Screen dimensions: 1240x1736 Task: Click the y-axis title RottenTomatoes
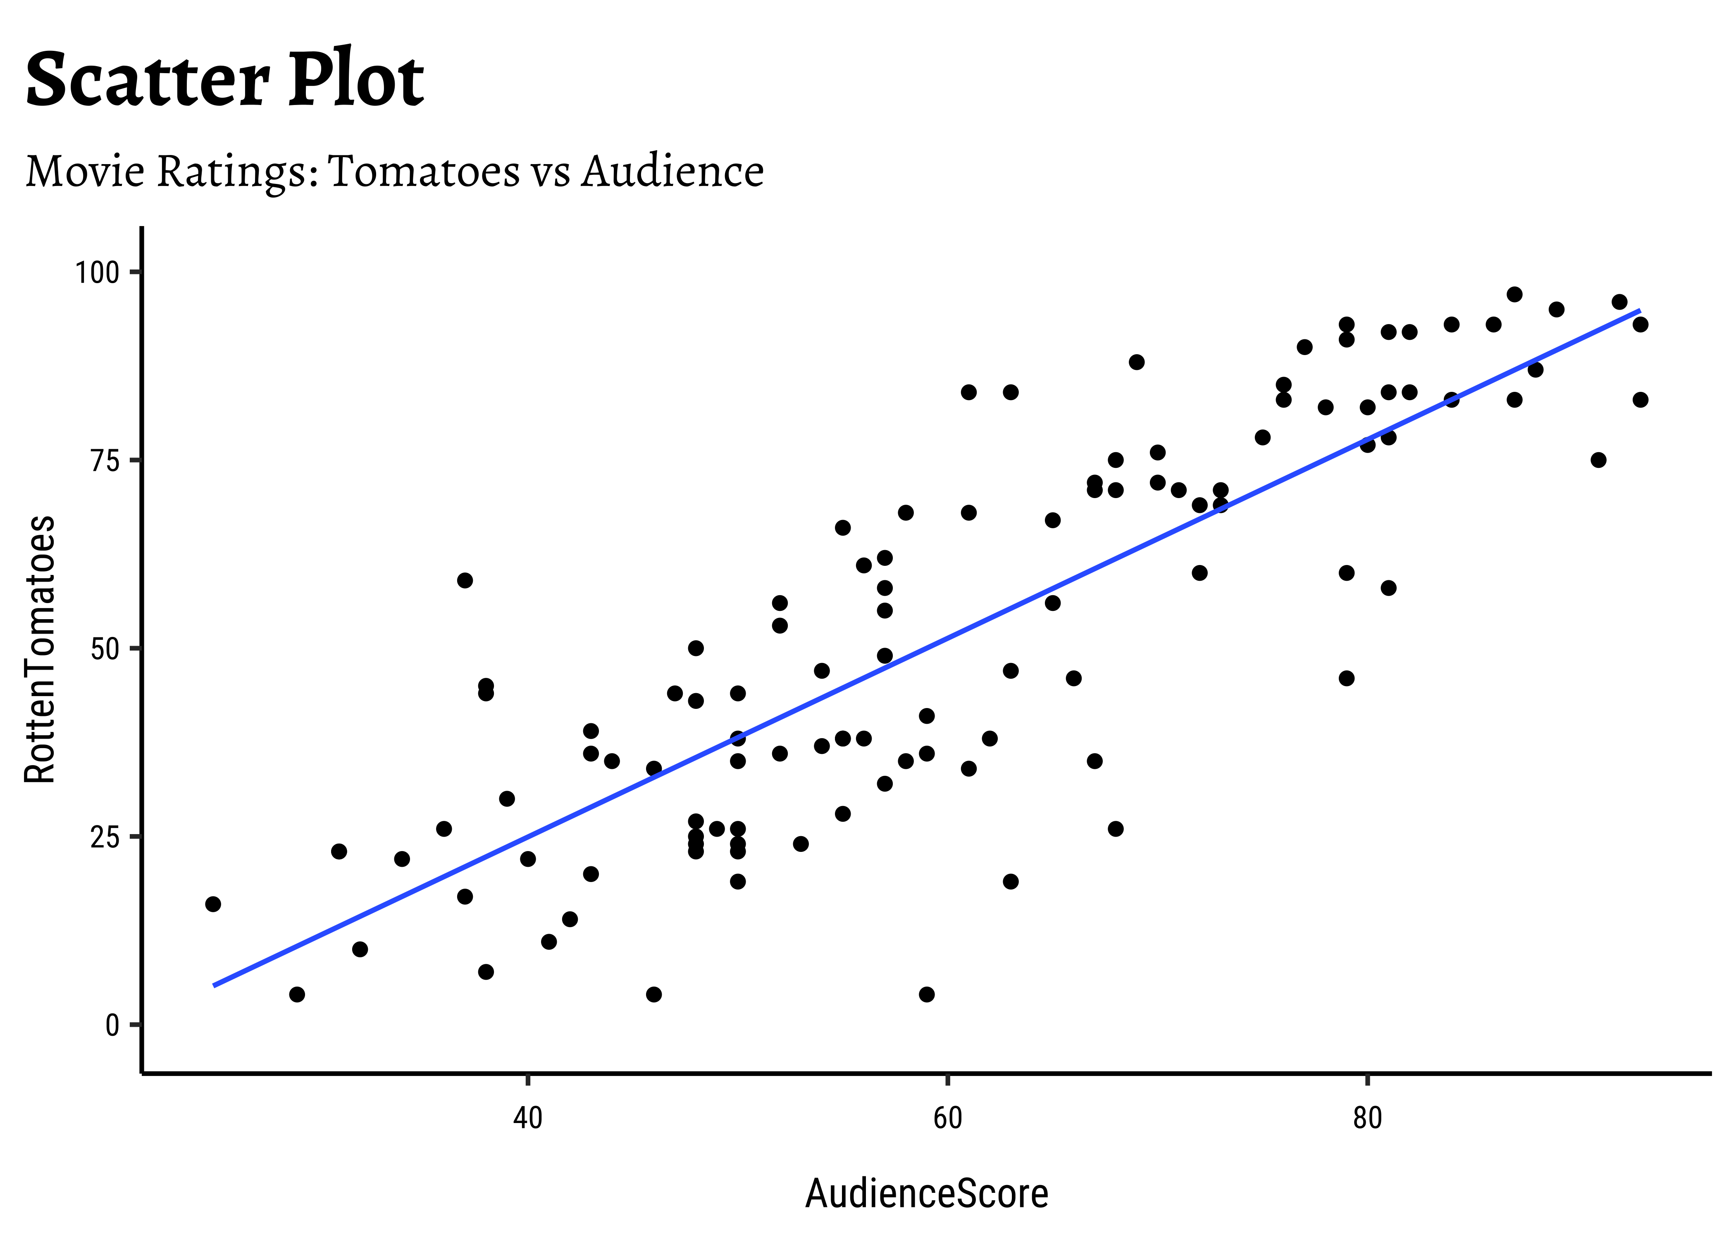click(40, 649)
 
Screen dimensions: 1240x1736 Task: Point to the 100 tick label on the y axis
click(97, 272)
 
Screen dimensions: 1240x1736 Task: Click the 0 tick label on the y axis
click(113, 1025)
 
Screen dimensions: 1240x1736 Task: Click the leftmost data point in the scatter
click(213, 904)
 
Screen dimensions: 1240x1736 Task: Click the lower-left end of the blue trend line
click(215, 985)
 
